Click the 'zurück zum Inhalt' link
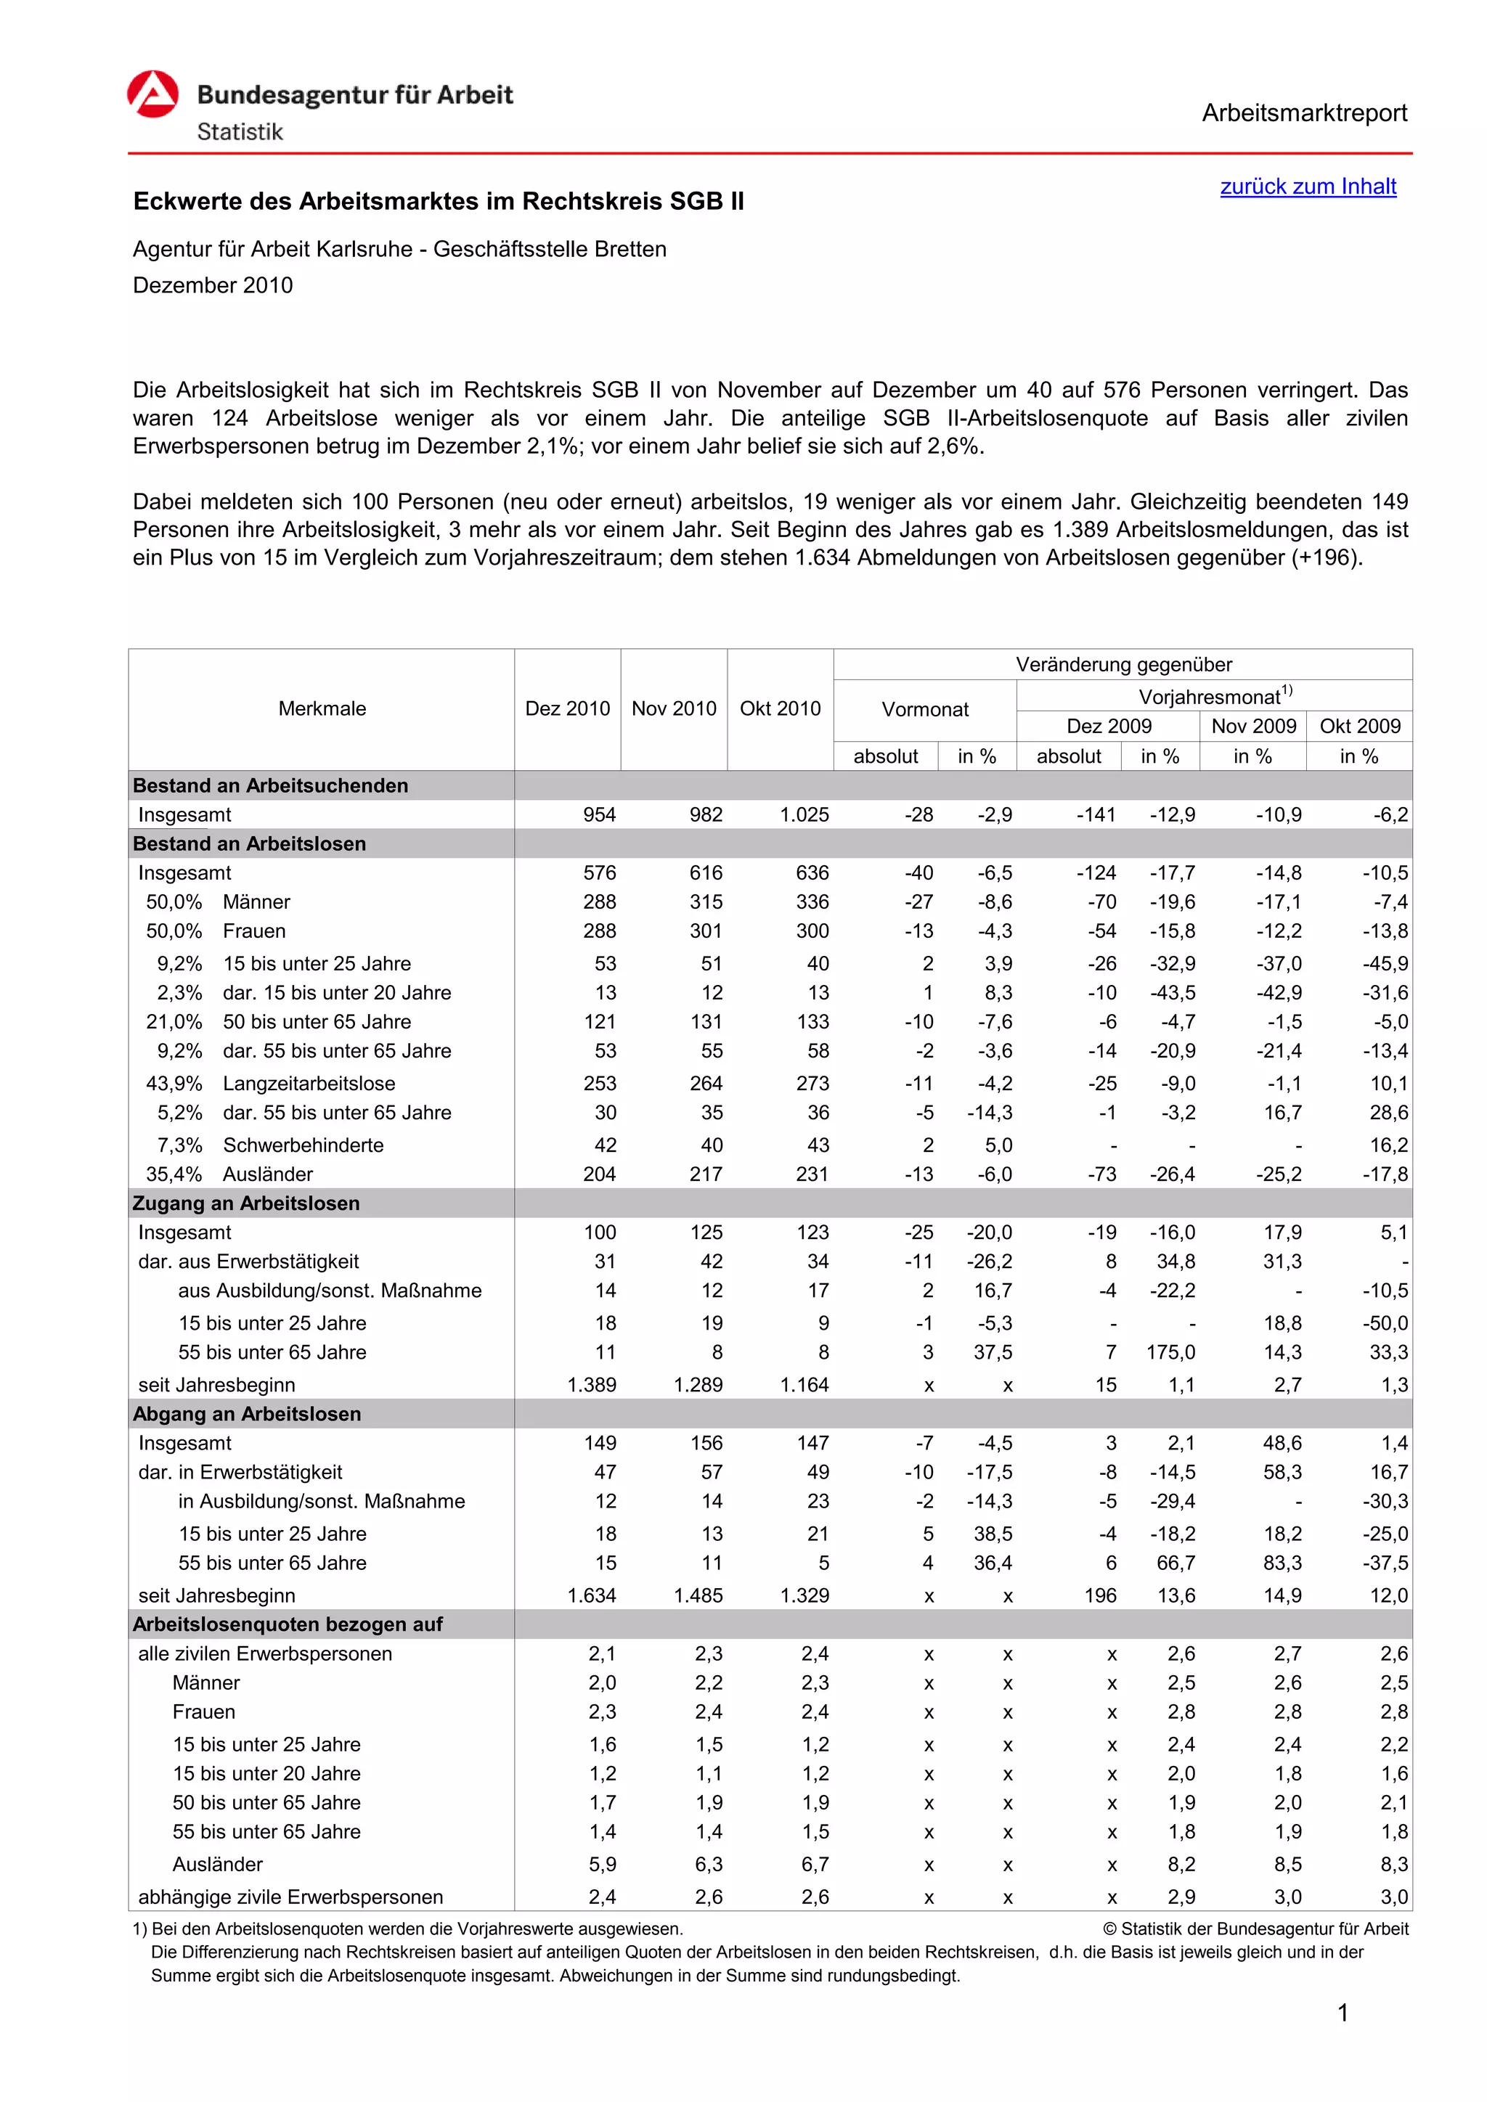coord(1308,187)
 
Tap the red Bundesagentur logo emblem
coord(153,94)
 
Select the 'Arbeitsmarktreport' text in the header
coord(1304,113)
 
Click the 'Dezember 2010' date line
coord(213,286)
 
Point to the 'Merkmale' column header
coord(322,708)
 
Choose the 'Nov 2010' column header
coord(673,708)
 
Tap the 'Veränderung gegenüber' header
coord(1123,665)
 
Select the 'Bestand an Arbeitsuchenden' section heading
coord(270,785)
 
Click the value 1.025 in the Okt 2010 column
coord(804,815)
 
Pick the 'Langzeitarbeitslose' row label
coord(309,1084)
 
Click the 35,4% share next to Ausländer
coord(174,1174)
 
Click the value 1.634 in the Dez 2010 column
coord(592,1595)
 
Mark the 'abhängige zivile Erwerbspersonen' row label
coord(290,1897)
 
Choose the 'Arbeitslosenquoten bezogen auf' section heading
coord(288,1625)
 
